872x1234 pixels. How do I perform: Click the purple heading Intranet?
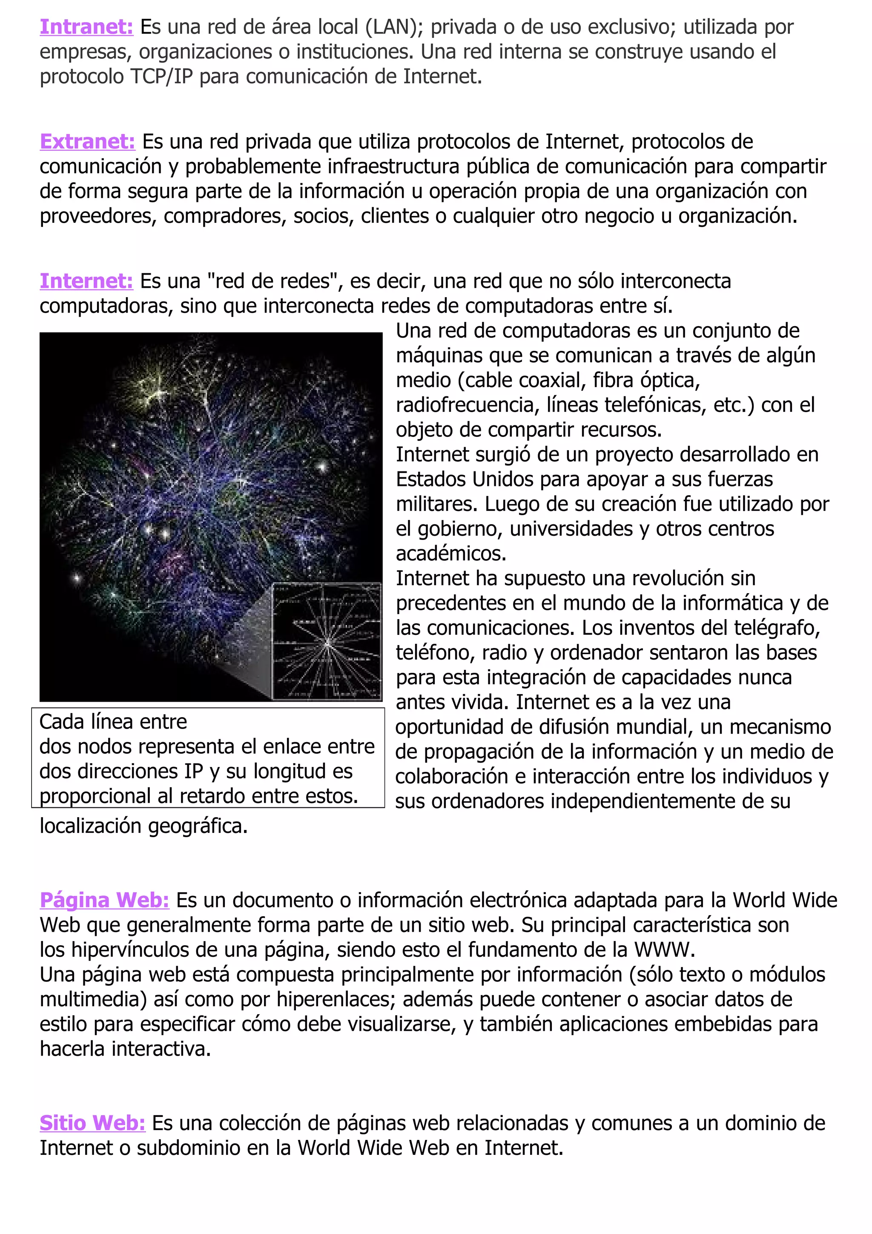(86, 27)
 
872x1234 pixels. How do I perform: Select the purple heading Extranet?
(87, 142)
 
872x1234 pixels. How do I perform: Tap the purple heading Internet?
(86, 281)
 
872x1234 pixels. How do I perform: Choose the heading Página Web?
(104, 900)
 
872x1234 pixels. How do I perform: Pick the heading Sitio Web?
(92, 1123)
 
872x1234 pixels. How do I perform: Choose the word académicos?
(451, 554)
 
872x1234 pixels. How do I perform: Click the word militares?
(436, 504)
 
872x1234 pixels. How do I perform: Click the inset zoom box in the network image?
(327, 641)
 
